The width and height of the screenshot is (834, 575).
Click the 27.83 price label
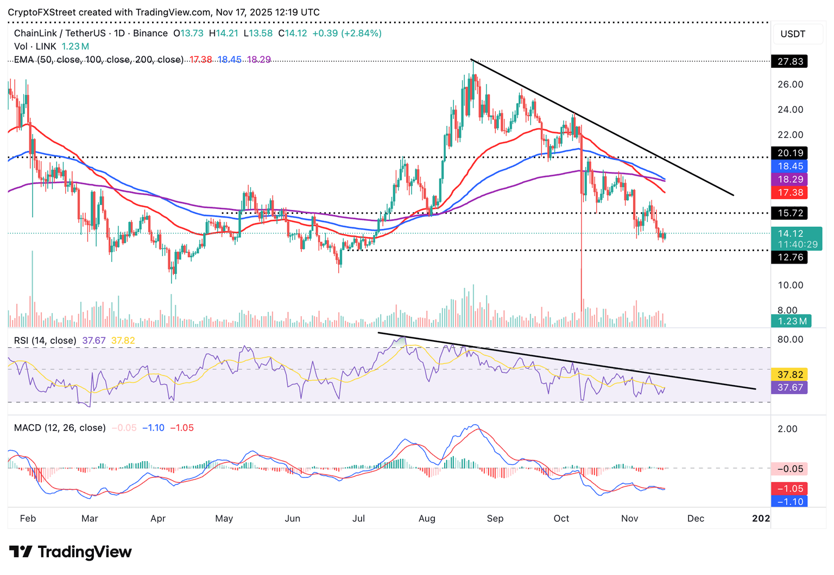(x=789, y=61)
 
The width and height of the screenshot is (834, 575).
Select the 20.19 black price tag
(x=789, y=153)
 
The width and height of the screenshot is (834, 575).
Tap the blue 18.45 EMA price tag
(x=789, y=166)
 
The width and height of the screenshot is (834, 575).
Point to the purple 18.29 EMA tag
(x=789, y=179)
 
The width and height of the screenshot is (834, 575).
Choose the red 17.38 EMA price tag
(x=789, y=193)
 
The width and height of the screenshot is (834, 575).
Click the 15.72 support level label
(x=789, y=213)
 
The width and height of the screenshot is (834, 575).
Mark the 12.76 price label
(x=789, y=257)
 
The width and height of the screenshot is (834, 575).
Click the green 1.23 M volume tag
(x=791, y=321)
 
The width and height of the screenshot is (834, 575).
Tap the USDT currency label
(x=793, y=34)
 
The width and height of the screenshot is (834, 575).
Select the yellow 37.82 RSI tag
(x=789, y=374)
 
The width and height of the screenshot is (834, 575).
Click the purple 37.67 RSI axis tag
(x=789, y=387)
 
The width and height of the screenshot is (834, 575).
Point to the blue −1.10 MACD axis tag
(x=789, y=502)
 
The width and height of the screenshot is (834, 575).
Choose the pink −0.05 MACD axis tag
(x=789, y=469)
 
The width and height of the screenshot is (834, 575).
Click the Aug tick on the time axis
(x=427, y=519)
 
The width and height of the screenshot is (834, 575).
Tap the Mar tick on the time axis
(x=90, y=519)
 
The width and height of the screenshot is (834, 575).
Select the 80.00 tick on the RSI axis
(x=790, y=340)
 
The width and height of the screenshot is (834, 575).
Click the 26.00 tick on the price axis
(x=790, y=85)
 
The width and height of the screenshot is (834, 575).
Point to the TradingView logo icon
(x=21, y=552)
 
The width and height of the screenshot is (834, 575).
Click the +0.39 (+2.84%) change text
(x=347, y=33)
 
